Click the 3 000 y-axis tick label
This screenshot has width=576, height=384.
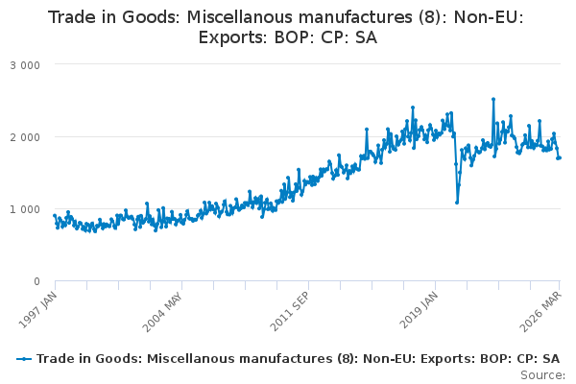tap(25, 65)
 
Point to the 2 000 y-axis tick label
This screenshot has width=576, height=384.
tap(25, 137)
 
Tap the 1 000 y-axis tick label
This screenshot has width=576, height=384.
tap(25, 209)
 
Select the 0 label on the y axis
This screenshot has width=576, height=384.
tap(36, 281)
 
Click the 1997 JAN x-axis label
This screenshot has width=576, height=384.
tap(37, 310)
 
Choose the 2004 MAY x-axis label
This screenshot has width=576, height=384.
tap(162, 312)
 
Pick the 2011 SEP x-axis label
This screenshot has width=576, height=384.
tap(290, 312)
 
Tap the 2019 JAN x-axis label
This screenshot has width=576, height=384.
tap(419, 310)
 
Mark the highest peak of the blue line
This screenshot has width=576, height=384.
tap(493, 99)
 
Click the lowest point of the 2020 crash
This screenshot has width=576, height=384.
tap(457, 203)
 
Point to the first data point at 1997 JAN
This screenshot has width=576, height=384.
tap(55, 216)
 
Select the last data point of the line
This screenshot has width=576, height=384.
tap(560, 158)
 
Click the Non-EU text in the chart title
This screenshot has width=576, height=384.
tap(489, 17)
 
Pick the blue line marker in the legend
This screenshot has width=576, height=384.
tap(24, 359)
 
